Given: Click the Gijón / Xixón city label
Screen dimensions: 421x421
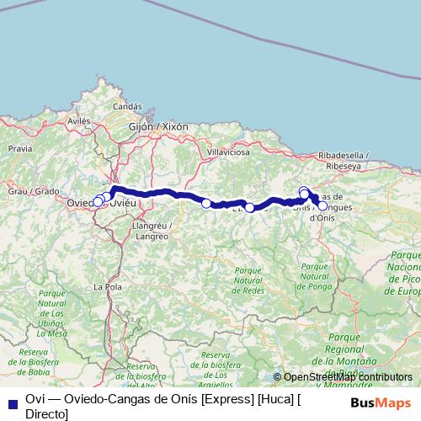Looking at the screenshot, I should (x=158, y=126).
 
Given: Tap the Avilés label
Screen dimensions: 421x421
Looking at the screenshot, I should (x=78, y=121).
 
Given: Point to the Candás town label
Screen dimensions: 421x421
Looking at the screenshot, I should (x=127, y=107).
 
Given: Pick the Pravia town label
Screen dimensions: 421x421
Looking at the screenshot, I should (x=19, y=147).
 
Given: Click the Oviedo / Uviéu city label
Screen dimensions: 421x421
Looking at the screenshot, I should (x=101, y=203).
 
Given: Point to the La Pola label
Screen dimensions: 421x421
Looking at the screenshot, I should (x=106, y=287).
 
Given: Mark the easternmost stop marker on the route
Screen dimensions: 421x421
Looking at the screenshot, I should (x=322, y=205).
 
